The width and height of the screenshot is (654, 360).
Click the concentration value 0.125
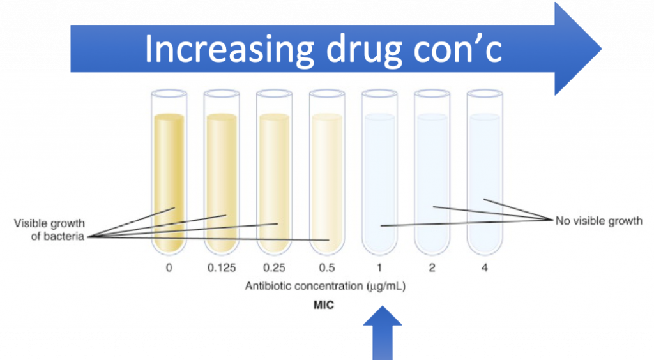(x=221, y=268)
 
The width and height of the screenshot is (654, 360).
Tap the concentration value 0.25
(x=273, y=268)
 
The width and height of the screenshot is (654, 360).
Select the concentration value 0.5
(x=326, y=268)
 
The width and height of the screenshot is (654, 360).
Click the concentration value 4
(x=484, y=268)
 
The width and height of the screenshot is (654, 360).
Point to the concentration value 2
(x=432, y=268)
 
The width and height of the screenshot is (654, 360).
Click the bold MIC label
(x=323, y=305)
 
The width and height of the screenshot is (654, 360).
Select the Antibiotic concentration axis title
(x=325, y=287)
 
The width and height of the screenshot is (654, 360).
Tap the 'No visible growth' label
(x=598, y=221)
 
